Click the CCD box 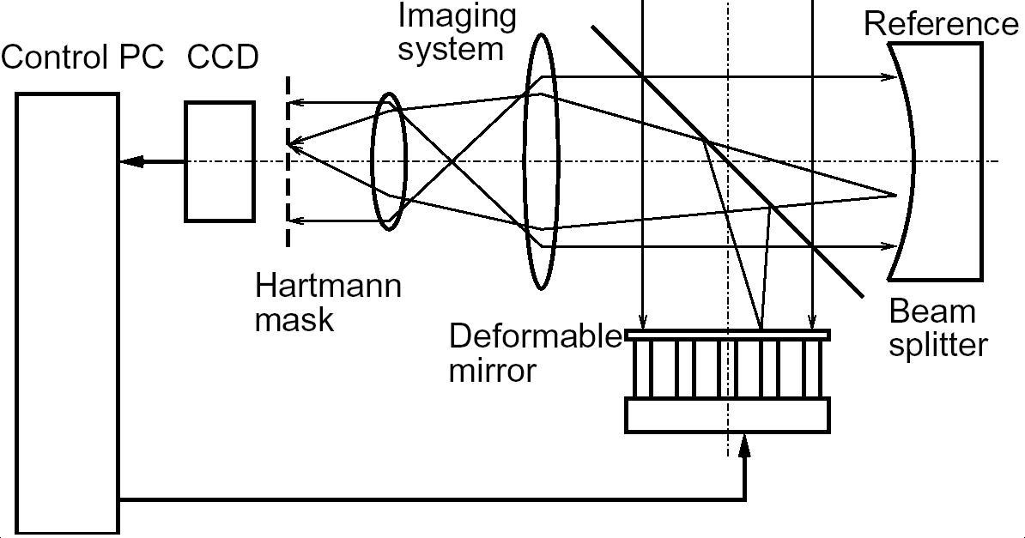[x=220, y=161]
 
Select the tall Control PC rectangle [x=67, y=313]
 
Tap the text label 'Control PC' [x=82, y=57]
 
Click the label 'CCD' [x=222, y=57]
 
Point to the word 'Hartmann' [x=328, y=285]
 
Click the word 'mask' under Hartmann [x=294, y=319]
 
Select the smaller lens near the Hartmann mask [x=388, y=161]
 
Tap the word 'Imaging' [x=457, y=15]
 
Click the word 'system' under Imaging [x=451, y=49]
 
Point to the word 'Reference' [x=941, y=24]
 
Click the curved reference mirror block [x=944, y=161]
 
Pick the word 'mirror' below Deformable [x=493, y=370]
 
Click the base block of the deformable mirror [x=727, y=414]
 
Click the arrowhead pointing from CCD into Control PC [x=129, y=161]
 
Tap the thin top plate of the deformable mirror [x=727, y=335]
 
